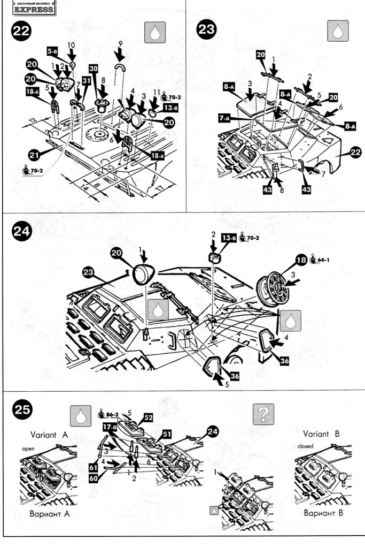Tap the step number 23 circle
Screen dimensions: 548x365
tap(206, 31)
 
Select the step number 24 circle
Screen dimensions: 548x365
tap(21, 233)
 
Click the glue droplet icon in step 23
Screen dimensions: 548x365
tap(337, 33)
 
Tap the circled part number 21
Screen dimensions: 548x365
tap(35, 156)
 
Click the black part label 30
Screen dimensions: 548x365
tap(94, 70)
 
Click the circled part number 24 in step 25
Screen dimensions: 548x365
tap(212, 432)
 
